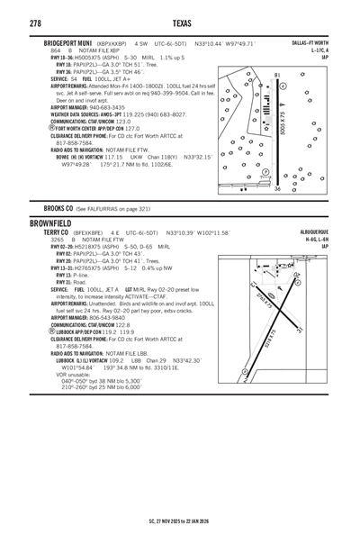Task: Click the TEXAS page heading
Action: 180,20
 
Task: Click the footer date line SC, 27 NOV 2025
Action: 180,533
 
